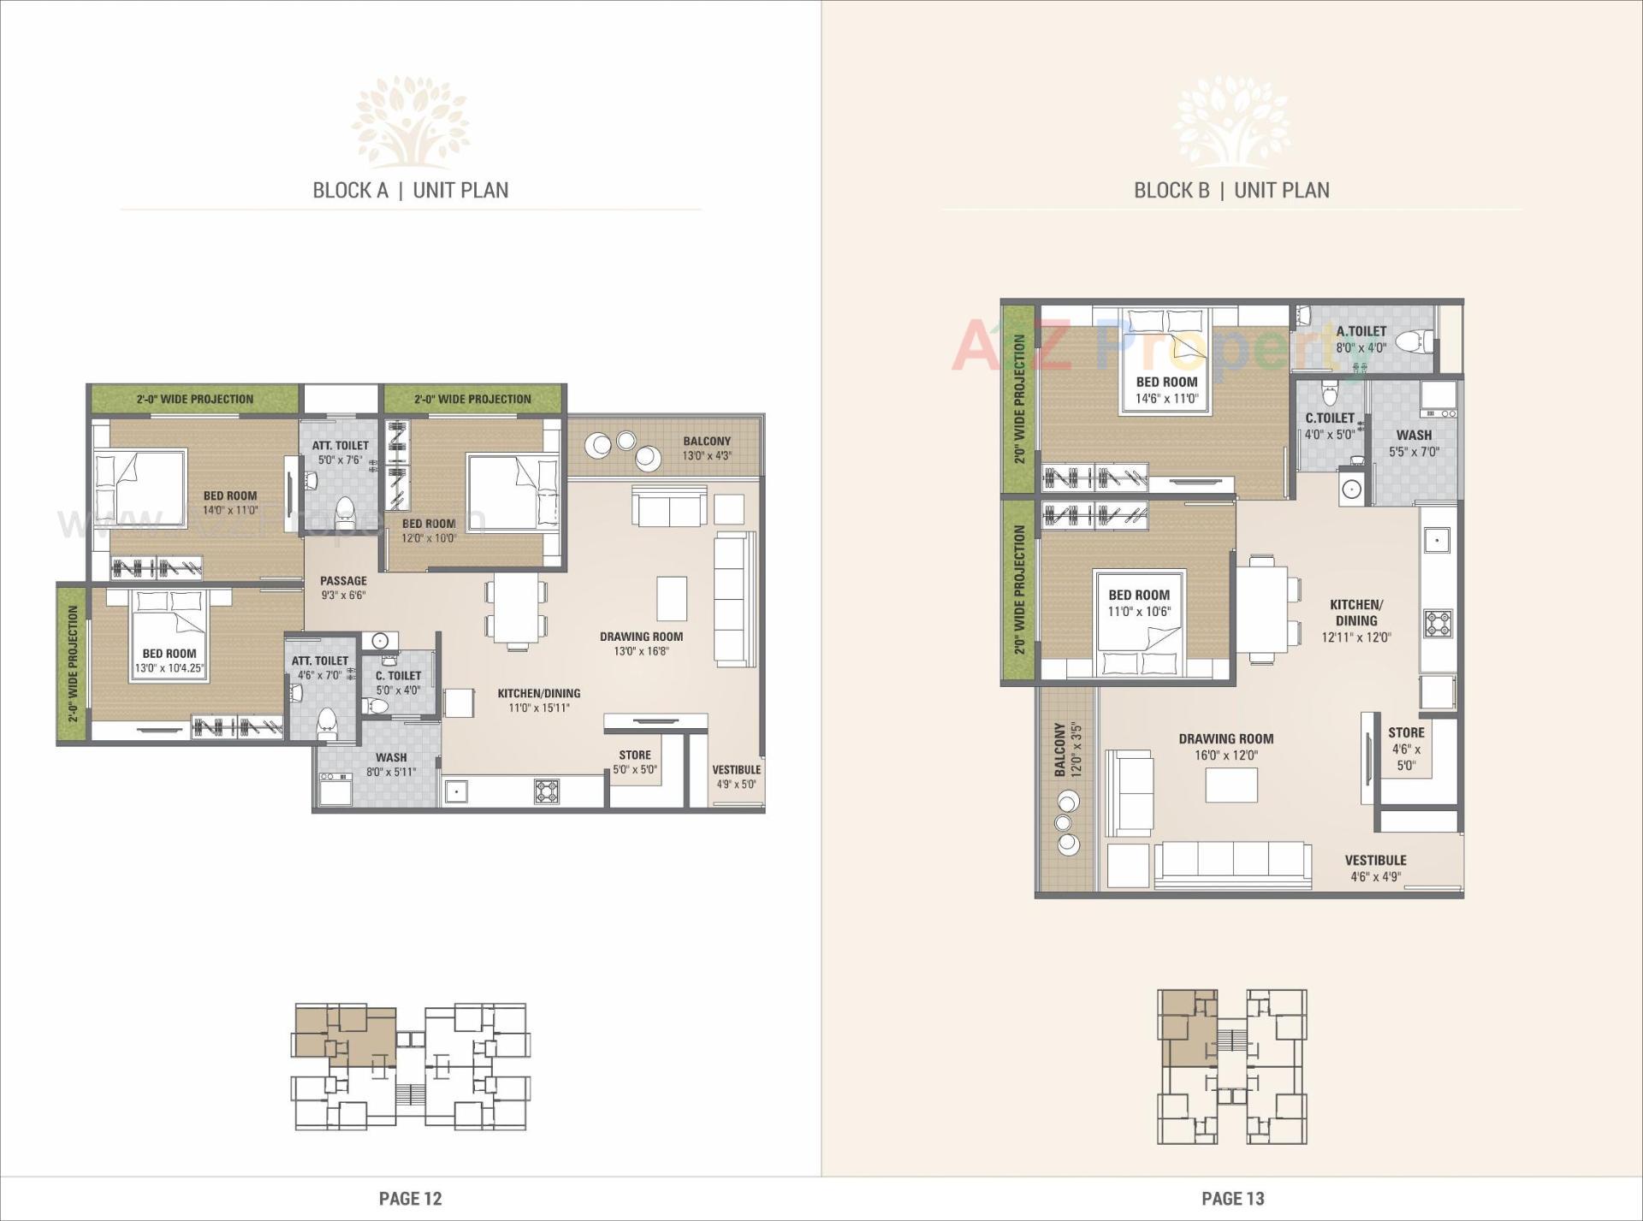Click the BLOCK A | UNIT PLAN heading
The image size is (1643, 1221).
(x=410, y=190)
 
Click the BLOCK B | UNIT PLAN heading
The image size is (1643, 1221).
(x=1231, y=190)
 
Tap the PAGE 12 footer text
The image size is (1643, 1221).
(x=410, y=1198)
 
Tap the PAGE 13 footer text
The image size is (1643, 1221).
(x=1232, y=1198)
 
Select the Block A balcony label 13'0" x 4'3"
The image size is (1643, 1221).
(x=707, y=448)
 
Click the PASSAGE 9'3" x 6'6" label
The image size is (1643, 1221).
(x=343, y=588)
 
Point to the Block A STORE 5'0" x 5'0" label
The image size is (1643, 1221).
(x=635, y=762)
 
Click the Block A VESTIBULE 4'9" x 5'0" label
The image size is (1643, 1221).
(x=736, y=776)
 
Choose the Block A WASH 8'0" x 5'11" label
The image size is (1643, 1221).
(x=391, y=764)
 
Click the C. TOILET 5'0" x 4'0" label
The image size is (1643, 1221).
(x=398, y=683)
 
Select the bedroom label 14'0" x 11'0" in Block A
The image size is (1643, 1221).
(x=230, y=502)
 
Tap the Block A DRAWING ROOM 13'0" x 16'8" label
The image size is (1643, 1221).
(x=641, y=643)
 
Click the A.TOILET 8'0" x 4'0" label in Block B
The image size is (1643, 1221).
(x=1361, y=339)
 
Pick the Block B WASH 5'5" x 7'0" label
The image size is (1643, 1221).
(x=1414, y=442)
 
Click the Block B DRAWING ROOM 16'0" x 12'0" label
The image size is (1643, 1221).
(x=1225, y=746)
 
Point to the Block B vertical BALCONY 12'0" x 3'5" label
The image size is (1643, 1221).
(x=1068, y=750)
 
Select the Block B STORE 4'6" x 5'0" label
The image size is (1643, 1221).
(x=1406, y=749)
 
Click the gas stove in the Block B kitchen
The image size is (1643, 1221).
(x=1438, y=622)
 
